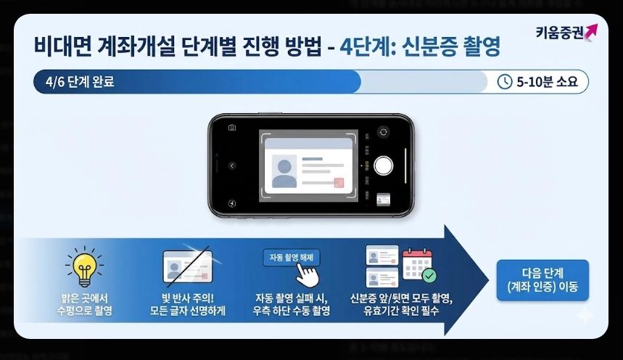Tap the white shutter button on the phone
point(384,165)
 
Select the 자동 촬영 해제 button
point(291,258)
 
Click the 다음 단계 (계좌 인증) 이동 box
point(542,280)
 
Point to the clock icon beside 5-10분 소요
point(504,82)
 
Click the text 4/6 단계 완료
point(80,82)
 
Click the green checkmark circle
point(429,276)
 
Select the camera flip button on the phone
point(384,131)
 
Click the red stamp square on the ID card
point(338,182)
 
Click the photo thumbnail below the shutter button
point(384,199)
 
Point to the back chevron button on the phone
point(232,165)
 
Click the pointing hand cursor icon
point(308,277)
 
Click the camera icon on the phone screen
point(232,128)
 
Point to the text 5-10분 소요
point(548,82)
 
